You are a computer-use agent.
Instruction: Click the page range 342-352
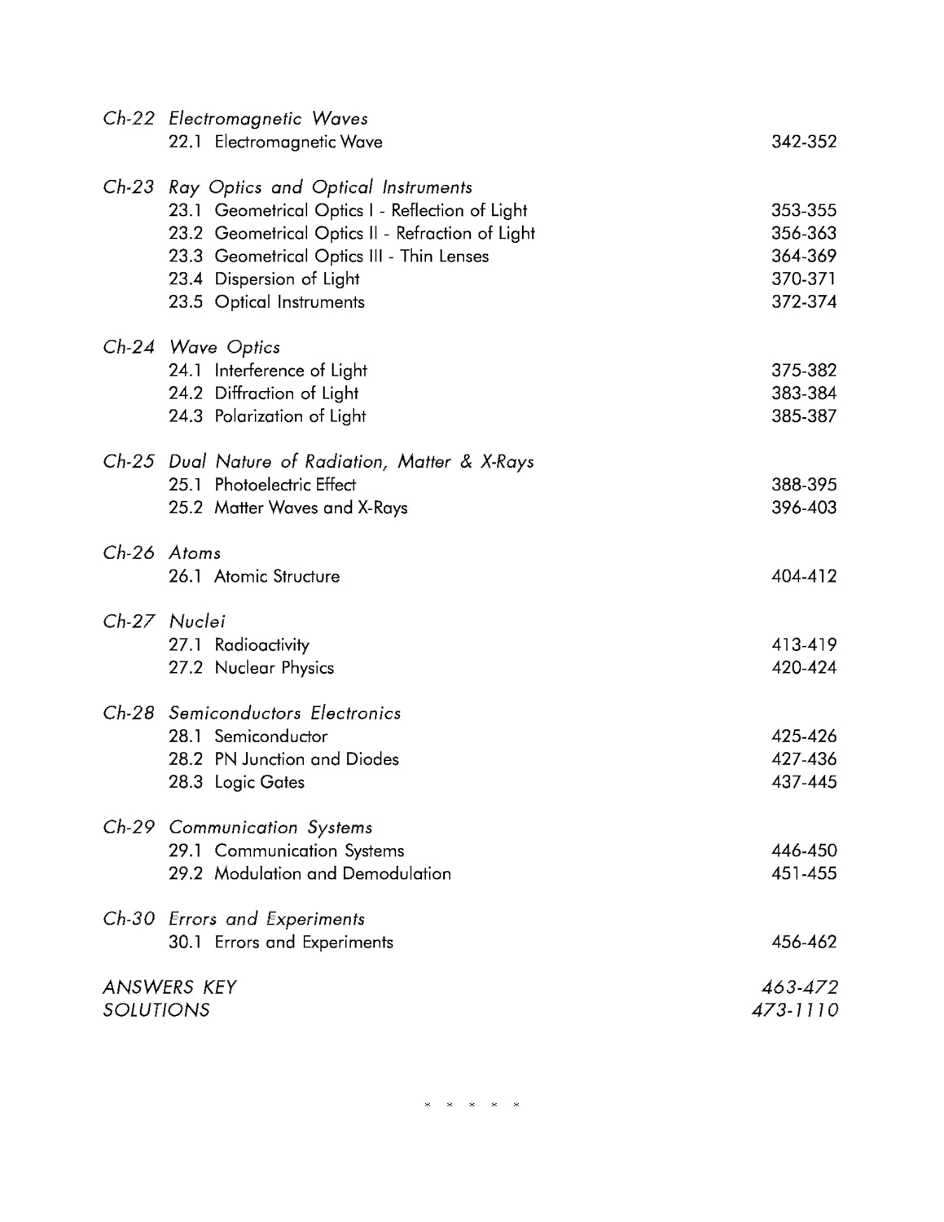click(x=803, y=142)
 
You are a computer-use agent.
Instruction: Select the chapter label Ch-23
click(x=128, y=187)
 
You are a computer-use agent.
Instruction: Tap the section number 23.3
click(x=185, y=256)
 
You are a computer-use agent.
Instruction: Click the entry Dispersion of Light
click(x=287, y=279)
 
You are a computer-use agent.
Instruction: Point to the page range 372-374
click(x=803, y=301)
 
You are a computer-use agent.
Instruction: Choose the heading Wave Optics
click(x=225, y=347)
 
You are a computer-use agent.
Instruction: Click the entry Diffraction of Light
click(x=286, y=393)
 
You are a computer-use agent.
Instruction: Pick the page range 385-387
click(x=803, y=415)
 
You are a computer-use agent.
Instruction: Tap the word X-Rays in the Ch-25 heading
click(x=507, y=461)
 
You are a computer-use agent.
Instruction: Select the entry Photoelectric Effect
click(x=285, y=485)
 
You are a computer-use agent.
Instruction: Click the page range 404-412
click(x=803, y=576)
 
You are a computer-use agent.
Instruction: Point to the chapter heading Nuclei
click(x=197, y=622)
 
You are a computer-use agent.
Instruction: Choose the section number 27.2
click(x=185, y=667)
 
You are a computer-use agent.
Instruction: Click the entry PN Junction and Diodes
click(x=306, y=759)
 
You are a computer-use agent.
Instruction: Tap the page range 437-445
click(x=803, y=782)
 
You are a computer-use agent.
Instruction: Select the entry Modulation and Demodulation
click(x=332, y=873)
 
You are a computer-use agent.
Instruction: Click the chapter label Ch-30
click(x=128, y=919)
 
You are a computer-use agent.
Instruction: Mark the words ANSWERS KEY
click(x=169, y=987)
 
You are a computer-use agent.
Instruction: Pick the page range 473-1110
click(x=795, y=1010)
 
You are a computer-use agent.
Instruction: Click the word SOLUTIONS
click(x=156, y=1010)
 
